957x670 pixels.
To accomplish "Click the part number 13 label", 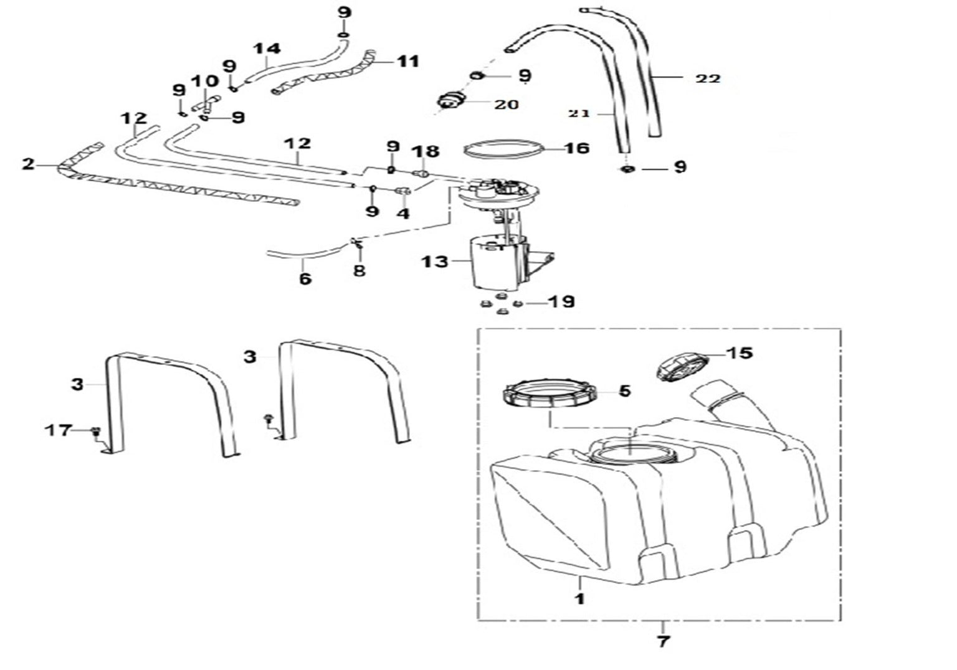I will coord(434,262).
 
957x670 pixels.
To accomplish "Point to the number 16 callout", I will coord(577,148).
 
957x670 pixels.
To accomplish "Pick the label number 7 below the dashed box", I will coord(663,641).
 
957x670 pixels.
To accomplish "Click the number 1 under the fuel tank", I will coord(580,600).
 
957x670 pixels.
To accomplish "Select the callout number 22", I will coord(708,78).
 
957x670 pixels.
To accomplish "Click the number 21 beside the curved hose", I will coord(579,113).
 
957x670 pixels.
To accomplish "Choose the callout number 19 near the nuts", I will coord(561,302).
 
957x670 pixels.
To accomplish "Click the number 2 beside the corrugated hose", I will coord(27,164).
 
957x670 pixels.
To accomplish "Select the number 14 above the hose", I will coord(267,49).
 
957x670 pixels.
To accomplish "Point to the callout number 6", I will coord(305,278).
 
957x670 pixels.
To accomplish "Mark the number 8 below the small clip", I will coord(359,270).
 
